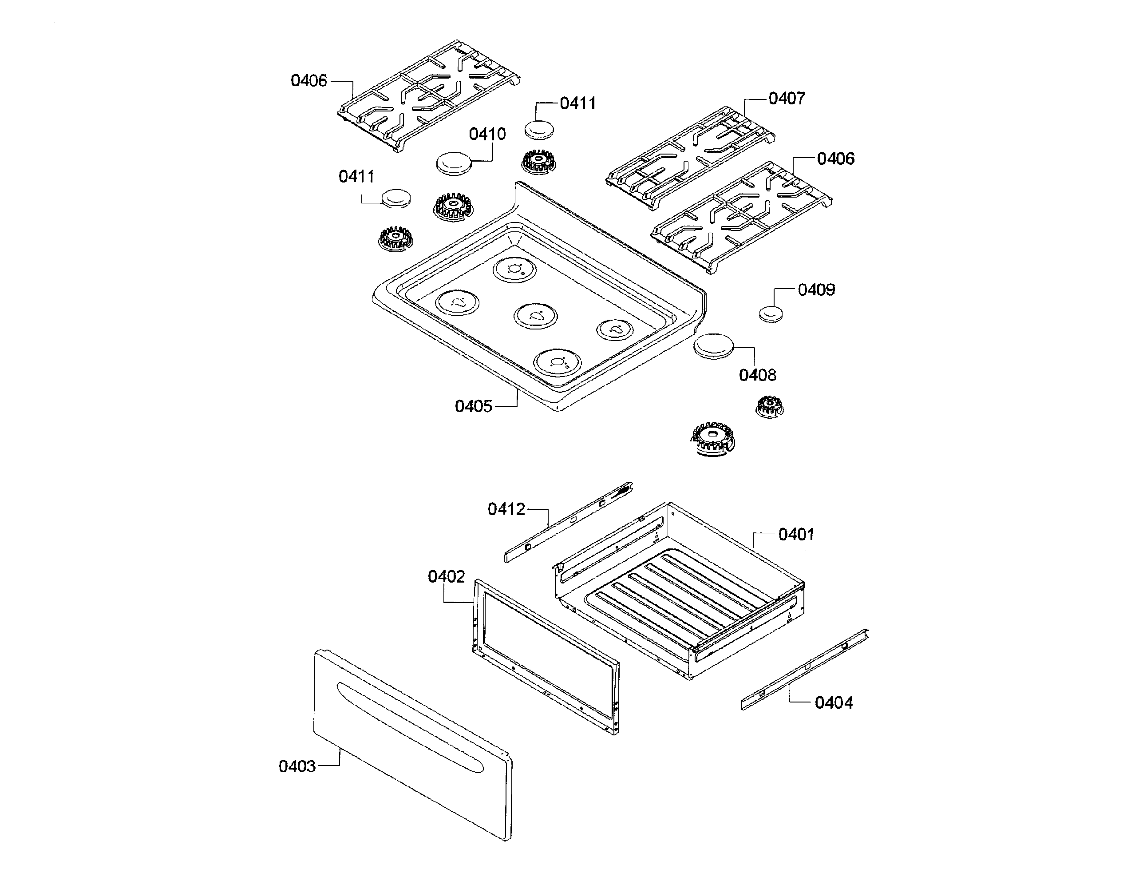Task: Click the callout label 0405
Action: (473, 406)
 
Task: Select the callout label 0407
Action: (786, 99)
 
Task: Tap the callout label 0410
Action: (487, 134)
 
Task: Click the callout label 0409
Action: (816, 290)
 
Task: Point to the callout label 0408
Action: (757, 375)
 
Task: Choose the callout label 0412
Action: (506, 509)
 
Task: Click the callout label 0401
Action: (796, 534)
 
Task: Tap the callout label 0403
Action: (297, 766)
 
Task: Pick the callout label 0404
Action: (833, 703)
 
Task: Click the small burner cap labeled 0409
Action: (771, 313)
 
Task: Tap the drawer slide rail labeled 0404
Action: (805, 669)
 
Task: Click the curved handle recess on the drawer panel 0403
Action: (409, 728)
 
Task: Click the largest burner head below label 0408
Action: (712, 438)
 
